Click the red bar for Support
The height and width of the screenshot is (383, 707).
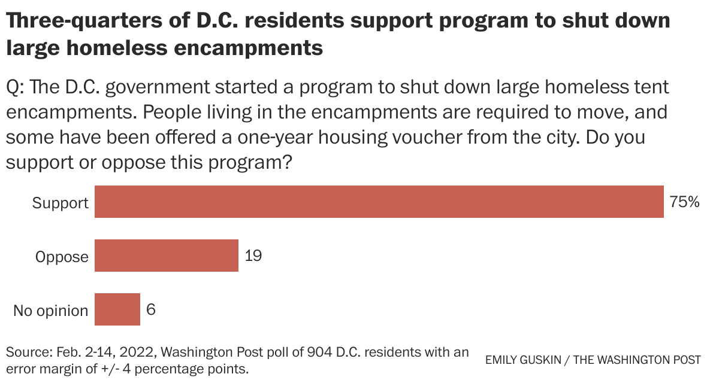pyautogui.click(x=379, y=202)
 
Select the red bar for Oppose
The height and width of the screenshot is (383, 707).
pyautogui.click(x=167, y=256)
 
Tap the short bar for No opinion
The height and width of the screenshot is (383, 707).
pyautogui.click(x=117, y=310)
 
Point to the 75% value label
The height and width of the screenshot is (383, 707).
pyautogui.click(x=684, y=202)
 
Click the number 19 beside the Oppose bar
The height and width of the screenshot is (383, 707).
pyautogui.click(x=253, y=256)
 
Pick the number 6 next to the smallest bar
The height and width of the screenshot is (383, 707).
pyautogui.click(x=151, y=310)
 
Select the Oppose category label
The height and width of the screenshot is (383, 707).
pyautogui.click(x=62, y=257)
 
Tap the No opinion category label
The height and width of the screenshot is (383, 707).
pyautogui.click(x=51, y=311)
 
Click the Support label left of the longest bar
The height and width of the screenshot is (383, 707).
pyautogui.click(x=60, y=203)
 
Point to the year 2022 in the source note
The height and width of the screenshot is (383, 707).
pyautogui.click(x=140, y=352)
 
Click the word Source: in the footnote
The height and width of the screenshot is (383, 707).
pyautogui.click(x=29, y=352)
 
